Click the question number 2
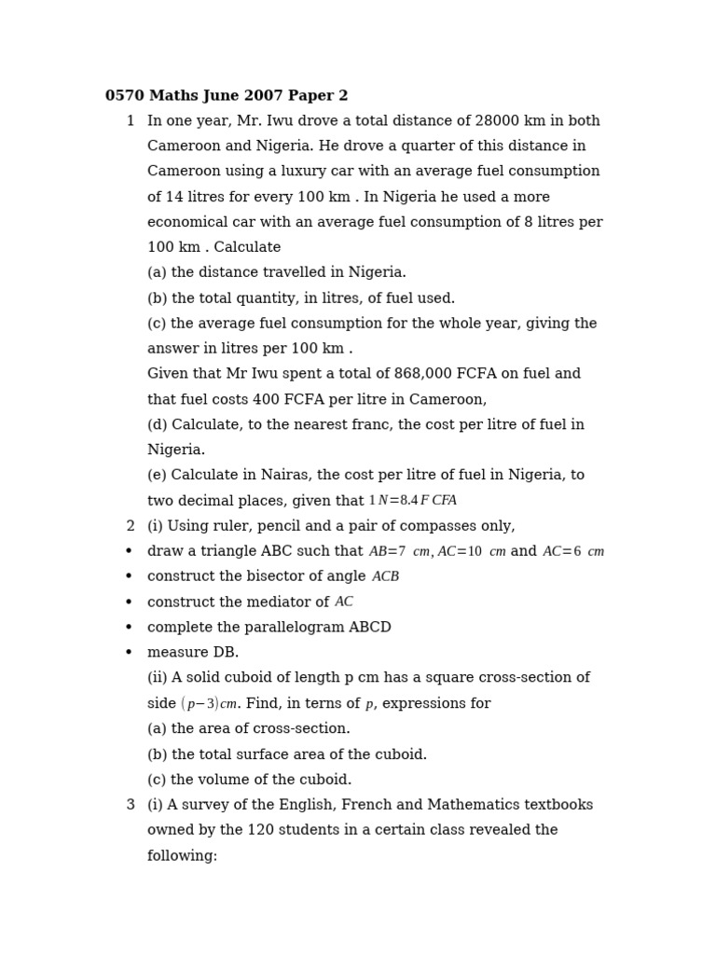pos(131,526)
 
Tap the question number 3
pos(131,805)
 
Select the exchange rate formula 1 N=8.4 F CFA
pos(412,501)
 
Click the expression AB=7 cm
pos(399,552)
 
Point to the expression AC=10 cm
pos(472,552)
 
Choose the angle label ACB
pos(385,577)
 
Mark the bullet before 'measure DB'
pos(129,653)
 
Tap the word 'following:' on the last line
pos(182,856)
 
